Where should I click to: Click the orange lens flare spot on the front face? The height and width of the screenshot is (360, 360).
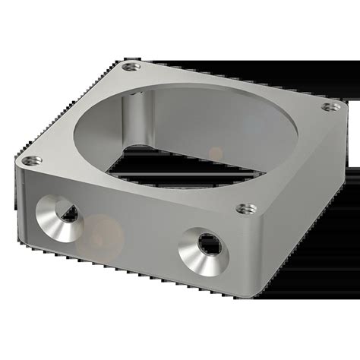pos(98,228)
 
